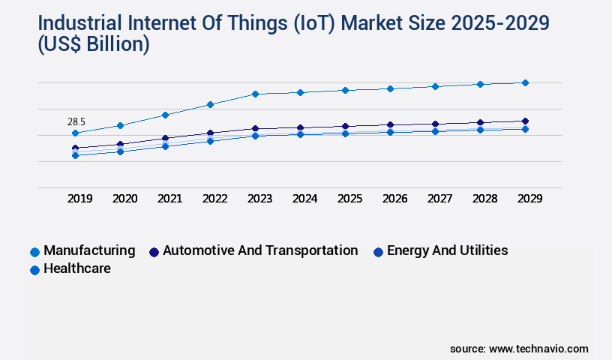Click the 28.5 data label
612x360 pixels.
tap(76, 121)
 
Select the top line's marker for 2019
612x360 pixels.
tap(75, 133)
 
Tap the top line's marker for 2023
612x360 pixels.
tap(255, 94)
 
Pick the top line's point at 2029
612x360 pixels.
tap(525, 82)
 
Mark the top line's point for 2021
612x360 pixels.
tap(165, 115)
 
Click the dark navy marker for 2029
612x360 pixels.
tap(525, 121)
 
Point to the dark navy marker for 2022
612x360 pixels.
tap(210, 133)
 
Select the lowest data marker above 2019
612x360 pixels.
tap(75, 155)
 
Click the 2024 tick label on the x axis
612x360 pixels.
tap(304, 199)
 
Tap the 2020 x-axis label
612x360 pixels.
tap(124, 199)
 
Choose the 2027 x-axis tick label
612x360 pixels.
tap(439, 199)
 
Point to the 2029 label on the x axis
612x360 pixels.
tap(529, 199)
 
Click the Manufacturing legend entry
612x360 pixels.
tap(89, 250)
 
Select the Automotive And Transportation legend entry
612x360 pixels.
tap(259, 250)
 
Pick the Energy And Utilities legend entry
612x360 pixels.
tap(447, 250)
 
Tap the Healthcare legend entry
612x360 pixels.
tap(77, 268)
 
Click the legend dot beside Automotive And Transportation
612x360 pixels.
tap(154, 252)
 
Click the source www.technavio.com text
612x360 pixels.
tap(519, 349)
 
